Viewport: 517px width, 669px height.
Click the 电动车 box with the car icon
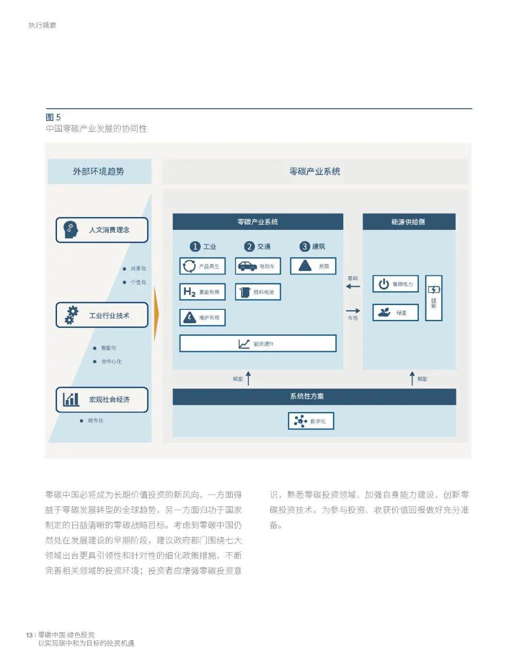[x=258, y=266]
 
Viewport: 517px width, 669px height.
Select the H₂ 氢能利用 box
[x=202, y=292]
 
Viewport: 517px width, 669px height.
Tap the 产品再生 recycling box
[x=202, y=266]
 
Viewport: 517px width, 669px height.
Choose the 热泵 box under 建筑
[x=313, y=266]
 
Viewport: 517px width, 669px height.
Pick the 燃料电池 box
[x=258, y=292]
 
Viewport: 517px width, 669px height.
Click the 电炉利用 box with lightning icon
[x=202, y=317]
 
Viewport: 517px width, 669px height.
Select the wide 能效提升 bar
[x=258, y=343]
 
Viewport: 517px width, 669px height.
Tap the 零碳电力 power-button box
[x=395, y=284]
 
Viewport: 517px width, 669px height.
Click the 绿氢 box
[x=395, y=313]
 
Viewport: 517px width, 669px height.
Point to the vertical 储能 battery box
[x=434, y=298]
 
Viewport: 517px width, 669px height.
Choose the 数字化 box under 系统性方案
[x=311, y=421]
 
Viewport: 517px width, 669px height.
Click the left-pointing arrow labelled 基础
[x=353, y=286]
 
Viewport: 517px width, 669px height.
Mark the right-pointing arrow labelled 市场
[x=353, y=311]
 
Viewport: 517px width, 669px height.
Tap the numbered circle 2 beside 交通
[x=249, y=247]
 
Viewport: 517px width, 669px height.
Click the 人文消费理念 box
[x=102, y=230]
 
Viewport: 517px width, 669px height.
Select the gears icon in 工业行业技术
[x=71, y=315]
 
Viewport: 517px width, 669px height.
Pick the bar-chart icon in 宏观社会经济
[x=71, y=399]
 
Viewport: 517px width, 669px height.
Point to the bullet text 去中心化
[x=111, y=362]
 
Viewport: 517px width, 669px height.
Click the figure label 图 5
[x=53, y=117]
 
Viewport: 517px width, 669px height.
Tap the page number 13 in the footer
[x=29, y=635]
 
